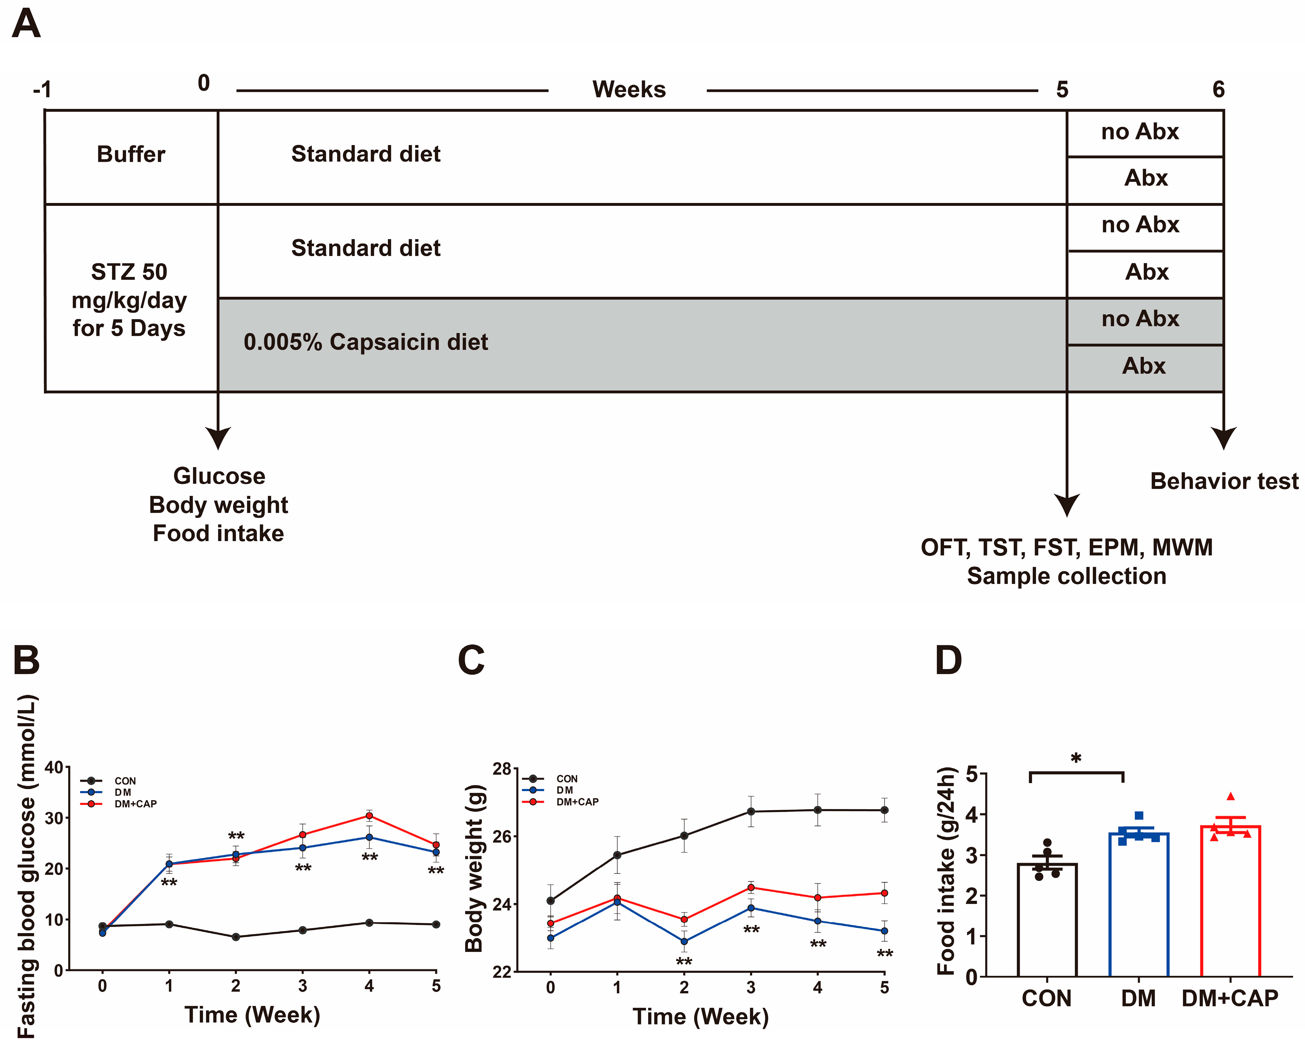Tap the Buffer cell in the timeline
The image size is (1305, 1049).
[131, 154]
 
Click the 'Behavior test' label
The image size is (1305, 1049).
[1224, 481]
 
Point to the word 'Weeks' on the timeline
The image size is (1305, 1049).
[629, 90]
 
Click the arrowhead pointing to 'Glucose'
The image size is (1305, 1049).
[218, 437]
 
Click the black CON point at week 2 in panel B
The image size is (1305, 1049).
[236, 937]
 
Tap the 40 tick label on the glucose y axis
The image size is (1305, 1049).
[54, 767]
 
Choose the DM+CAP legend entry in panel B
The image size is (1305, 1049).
[135, 804]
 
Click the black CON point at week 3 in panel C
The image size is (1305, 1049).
[750, 812]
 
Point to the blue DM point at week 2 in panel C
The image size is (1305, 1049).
[684, 941]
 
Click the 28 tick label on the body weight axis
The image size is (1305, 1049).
[502, 769]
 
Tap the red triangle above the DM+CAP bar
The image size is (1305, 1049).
[1231, 797]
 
